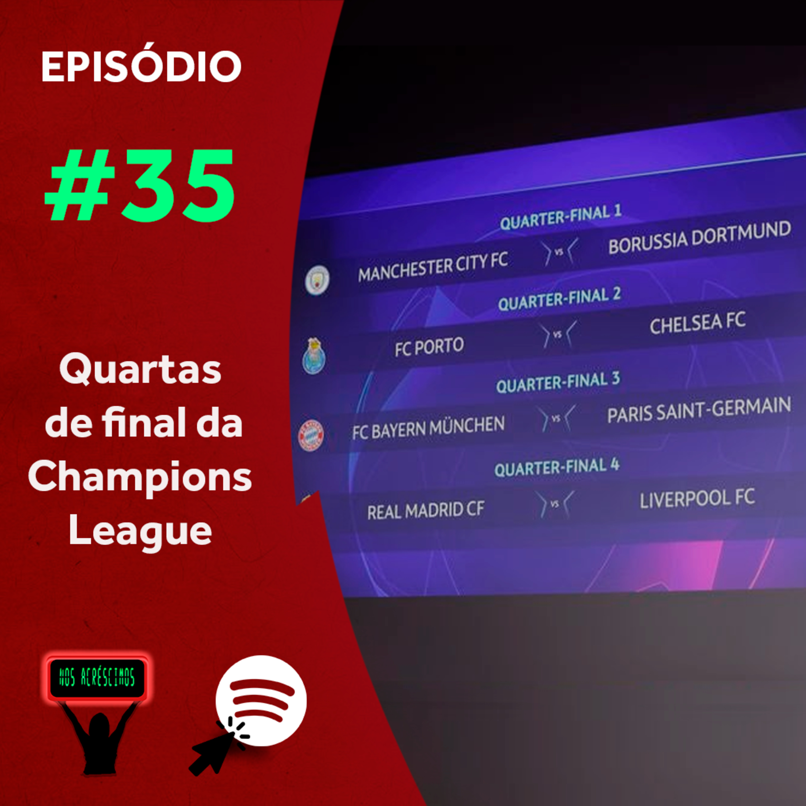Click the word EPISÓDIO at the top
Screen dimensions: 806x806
point(141,66)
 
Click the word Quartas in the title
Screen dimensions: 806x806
point(140,370)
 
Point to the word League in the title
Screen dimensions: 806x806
point(140,531)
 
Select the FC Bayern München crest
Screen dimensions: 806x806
point(311,435)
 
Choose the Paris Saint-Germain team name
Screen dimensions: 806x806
point(699,410)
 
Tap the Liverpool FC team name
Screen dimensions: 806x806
point(697,499)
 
